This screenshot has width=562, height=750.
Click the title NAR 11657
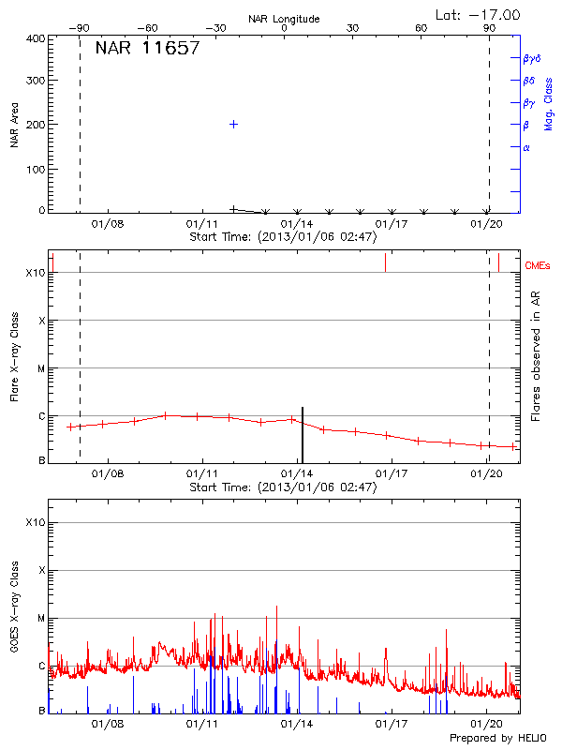coord(147,49)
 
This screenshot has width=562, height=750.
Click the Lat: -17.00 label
coord(479,14)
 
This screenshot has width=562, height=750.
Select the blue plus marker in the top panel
coord(233,124)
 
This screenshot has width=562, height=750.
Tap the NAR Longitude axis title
coord(284,19)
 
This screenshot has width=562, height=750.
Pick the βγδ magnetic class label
coord(531,58)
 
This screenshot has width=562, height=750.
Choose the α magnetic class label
coord(526,148)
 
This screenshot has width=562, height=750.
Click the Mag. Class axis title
coord(548,103)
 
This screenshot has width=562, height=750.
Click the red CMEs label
coord(539,266)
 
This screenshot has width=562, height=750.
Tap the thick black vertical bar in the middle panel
coord(303,434)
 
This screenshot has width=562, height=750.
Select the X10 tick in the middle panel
coord(36,273)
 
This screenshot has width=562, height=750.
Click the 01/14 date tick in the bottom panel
coord(297,725)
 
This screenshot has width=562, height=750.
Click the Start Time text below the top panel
coord(283,237)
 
